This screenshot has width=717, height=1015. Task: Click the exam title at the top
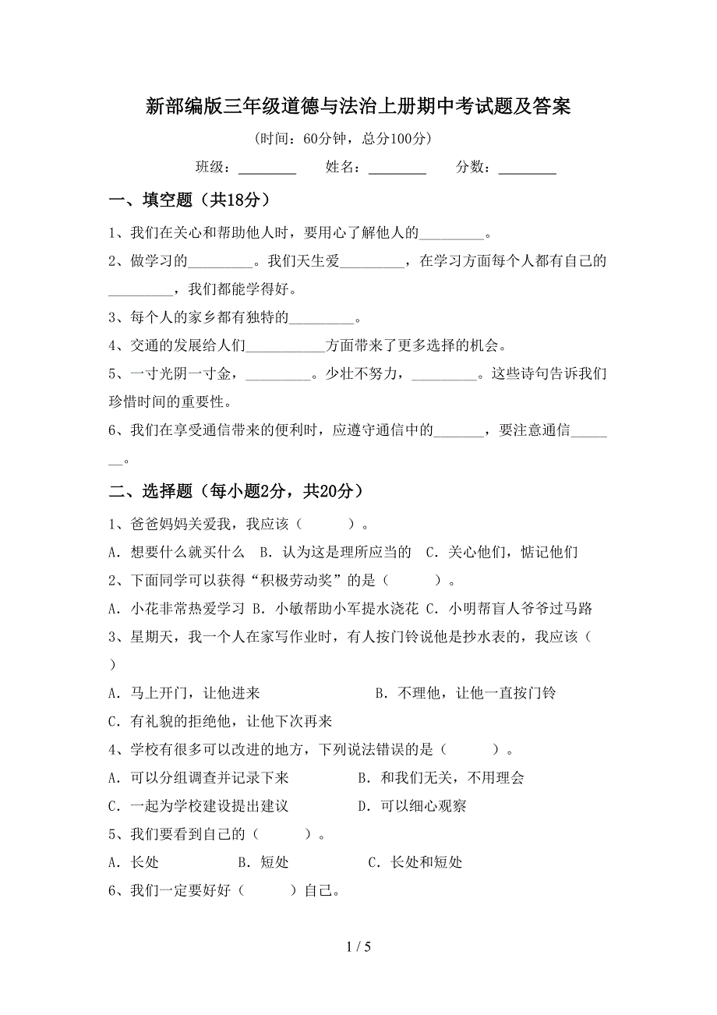pyautogui.click(x=358, y=106)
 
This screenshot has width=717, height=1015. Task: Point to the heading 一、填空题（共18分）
pyautogui.click(x=190, y=201)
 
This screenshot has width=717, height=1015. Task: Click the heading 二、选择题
pyautogui.click(x=235, y=491)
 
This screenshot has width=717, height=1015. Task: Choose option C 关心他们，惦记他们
pyautogui.click(x=502, y=553)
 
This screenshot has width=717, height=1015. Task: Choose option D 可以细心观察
pyautogui.click(x=412, y=806)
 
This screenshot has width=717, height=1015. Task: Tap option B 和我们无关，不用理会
pyautogui.click(x=441, y=778)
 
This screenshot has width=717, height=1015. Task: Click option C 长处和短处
pyautogui.click(x=415, y=862)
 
